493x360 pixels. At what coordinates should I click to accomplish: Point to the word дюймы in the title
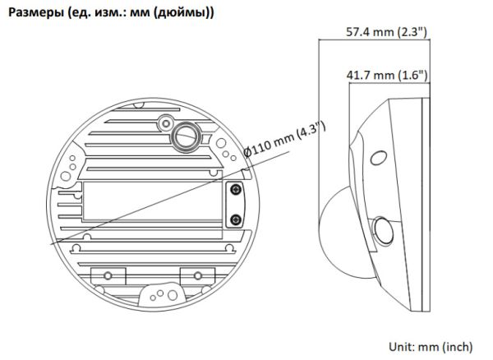pos(190,12)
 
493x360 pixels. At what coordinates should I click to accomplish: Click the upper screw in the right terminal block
pos(236,190)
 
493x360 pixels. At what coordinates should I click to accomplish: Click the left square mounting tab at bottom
pos(103,274)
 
